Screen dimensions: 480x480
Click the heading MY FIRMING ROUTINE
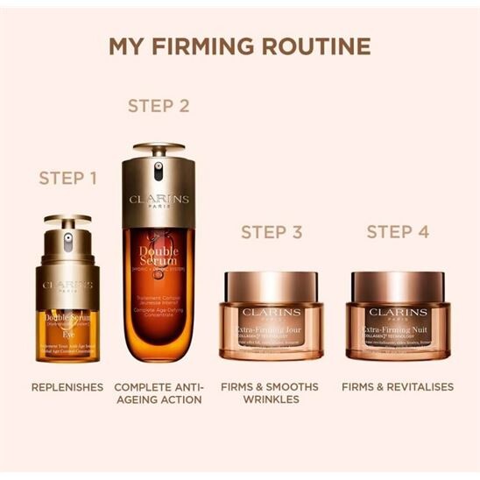[239, 46]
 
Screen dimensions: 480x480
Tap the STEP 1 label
[68, 179]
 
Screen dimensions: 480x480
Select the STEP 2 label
[159, 106]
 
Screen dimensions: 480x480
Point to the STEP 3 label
[272, 232]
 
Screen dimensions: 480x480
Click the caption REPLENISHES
[67, 386]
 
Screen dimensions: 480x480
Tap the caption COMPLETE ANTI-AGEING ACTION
[159, 392]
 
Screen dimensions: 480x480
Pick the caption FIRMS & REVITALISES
[398, 386]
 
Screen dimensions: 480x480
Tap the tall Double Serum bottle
[159, 263]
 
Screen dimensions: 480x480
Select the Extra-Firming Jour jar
[273, 315]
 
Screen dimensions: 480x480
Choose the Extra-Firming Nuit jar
[400, 315]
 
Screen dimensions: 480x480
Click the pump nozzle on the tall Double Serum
[159, 171]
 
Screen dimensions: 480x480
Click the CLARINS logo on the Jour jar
[273, 312]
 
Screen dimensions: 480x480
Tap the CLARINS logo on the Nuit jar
[399, 312]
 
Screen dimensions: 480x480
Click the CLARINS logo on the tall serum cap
[159, 199]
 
